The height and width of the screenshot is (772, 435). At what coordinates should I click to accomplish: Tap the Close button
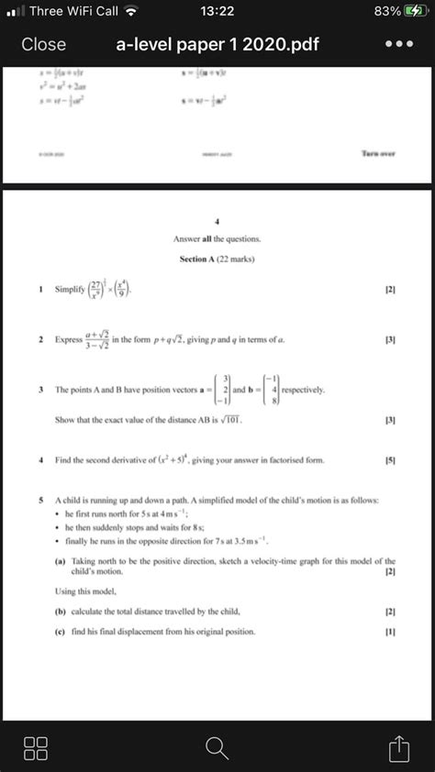pos(44,45)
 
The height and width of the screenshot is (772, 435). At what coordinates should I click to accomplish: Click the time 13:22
pos(217,12)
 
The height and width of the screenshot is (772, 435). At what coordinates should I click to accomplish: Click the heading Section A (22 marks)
pos(217,259)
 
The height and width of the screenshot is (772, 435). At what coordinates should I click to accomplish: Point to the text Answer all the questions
pos(217,238)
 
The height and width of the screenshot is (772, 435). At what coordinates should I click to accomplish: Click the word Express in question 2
pos(69,340)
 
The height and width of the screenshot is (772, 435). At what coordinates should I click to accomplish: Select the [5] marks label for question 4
pos(391,460)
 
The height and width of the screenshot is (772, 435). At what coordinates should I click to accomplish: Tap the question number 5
pos(41,501)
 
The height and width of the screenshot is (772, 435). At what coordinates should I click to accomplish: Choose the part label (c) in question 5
pos(59,632)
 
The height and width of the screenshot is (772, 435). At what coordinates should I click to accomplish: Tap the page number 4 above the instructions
pos(217,221)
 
